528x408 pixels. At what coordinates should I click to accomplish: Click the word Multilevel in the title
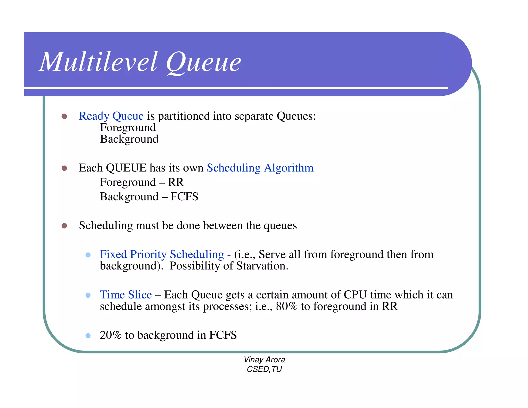point(98,62)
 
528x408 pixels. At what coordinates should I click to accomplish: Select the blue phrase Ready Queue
point(111,116)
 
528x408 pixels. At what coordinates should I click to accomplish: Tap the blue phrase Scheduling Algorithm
point(260,168)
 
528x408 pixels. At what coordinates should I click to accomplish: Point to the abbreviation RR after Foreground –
point(176,182)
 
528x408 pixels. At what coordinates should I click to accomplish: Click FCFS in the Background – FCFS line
point(184,197)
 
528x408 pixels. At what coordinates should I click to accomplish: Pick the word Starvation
point(262,266)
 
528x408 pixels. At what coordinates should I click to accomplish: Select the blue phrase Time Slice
point(126,295)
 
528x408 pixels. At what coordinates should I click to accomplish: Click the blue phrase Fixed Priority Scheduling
point(162,255)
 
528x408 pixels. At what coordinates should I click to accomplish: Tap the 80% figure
point(286,306)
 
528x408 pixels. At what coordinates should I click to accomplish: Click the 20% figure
point(111,335)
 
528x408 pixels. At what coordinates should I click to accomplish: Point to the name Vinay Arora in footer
point(264,360)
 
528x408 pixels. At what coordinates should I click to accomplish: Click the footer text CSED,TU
point(264,369)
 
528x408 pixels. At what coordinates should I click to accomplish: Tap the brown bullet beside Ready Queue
point(64,116)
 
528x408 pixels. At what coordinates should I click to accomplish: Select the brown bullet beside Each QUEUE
point(64,168)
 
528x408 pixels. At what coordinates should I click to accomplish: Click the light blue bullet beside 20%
point(88,336)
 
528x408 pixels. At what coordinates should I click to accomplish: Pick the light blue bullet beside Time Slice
point(88,295)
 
